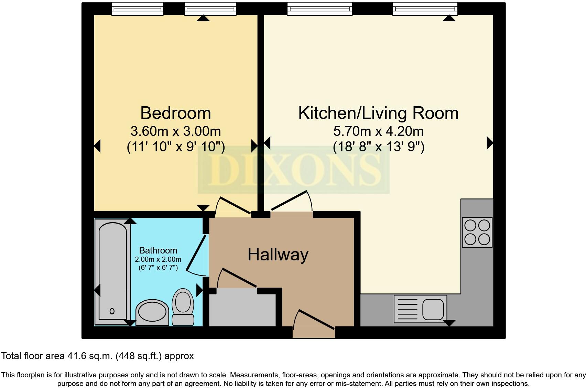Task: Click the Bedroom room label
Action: tap(175, 113)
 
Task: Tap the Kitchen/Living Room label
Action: tap(378, 113)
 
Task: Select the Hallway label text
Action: tap(278, 255)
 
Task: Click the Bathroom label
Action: tap(158, 250)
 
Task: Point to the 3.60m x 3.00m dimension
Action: tap(175, 131)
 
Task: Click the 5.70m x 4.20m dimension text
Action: tap(378, 131)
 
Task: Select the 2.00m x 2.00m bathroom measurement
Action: tap(158, 259)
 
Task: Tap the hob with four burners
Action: tap(477, 232)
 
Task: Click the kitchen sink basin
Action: tap(433, 309)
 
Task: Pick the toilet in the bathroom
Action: tap(183, 306)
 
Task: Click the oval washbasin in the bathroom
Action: tap(152, 312)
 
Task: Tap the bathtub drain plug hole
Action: tap(112, 311)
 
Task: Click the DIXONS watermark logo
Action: tap(293, 170)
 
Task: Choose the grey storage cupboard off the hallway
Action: tap(242, 308)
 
